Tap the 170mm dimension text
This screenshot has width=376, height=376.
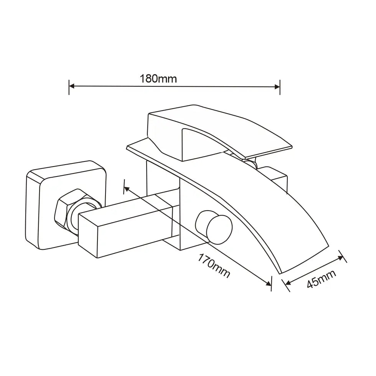tap(214, 266)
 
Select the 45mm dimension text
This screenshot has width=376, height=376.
tap(322, 279)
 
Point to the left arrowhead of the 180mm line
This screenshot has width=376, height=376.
tap(72, 87)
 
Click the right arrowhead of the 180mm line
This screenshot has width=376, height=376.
tap(277, 87)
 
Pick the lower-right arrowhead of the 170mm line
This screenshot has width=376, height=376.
tap(268, 283)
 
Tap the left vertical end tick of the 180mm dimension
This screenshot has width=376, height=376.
tap(69, 87)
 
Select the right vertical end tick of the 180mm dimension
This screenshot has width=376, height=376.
tap(280, 87)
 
